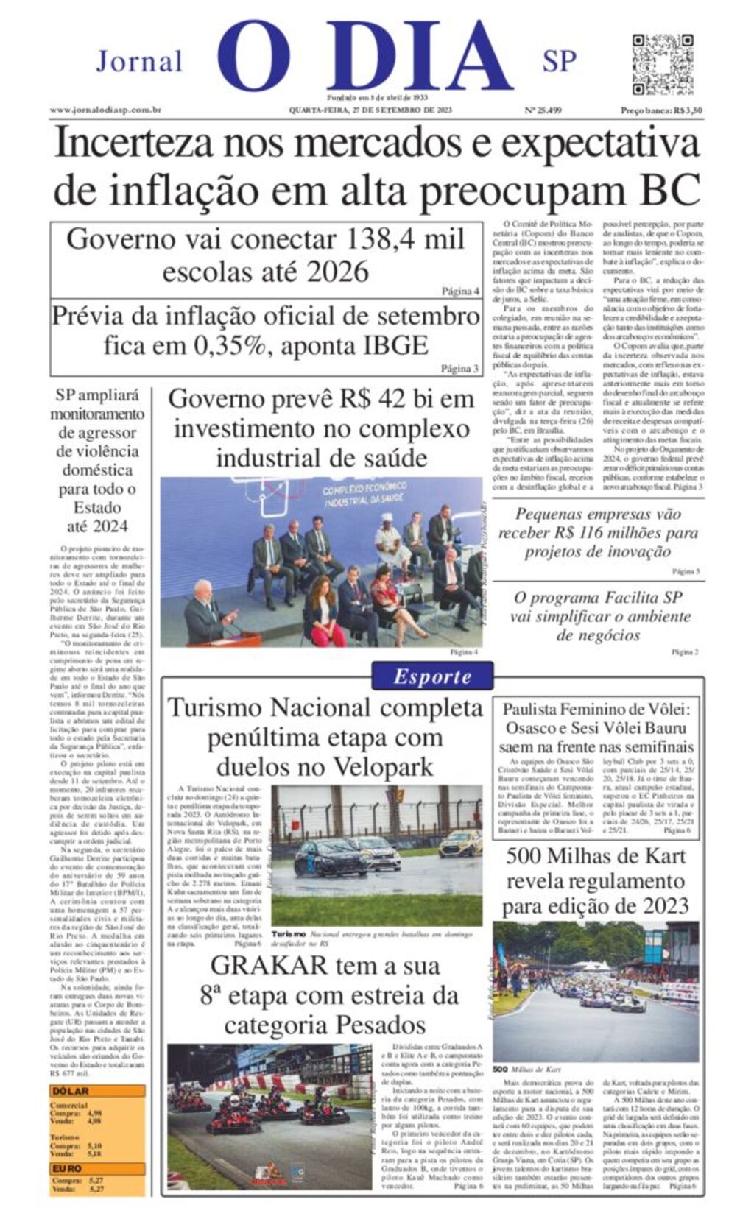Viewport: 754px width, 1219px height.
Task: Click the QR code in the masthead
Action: tap(662, 64)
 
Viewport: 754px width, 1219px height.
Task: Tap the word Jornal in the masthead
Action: tap(139, 62)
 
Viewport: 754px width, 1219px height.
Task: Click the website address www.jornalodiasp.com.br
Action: tap(105, 110)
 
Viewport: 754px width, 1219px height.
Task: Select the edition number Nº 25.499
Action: tap(543, 110)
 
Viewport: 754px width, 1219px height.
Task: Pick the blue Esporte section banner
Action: tap(432, 676)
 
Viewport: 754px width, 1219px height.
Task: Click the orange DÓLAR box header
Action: tap(71, 1091)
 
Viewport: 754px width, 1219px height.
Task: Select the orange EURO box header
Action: tap(67, 1168)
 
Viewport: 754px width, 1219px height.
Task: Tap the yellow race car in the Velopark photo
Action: tap(460, 843)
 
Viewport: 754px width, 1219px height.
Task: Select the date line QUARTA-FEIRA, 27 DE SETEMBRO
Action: tap(370, 110)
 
